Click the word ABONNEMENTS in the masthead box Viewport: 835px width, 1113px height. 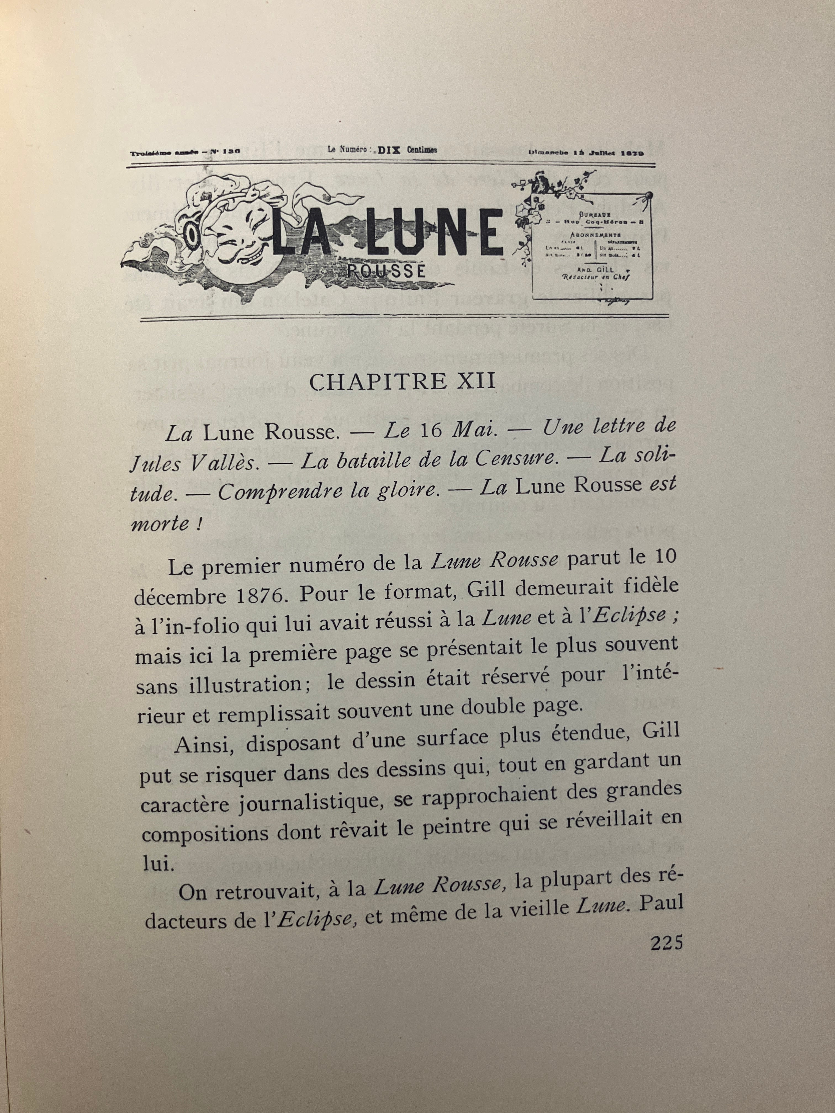coord(595,235)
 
